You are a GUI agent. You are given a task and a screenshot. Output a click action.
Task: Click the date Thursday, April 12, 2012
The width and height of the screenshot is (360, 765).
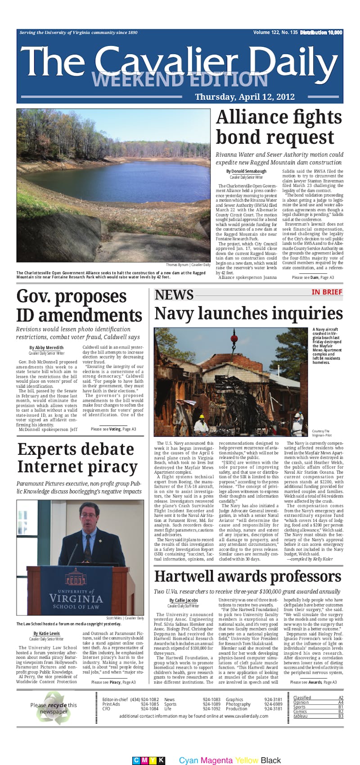pos(245,97)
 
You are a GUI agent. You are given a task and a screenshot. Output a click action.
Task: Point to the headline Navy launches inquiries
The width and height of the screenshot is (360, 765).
pos(248,313)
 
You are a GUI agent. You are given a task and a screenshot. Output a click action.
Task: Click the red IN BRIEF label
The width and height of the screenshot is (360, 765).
pos(327,292)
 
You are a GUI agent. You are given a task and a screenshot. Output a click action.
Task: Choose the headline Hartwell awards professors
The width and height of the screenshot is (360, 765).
pos(247,576)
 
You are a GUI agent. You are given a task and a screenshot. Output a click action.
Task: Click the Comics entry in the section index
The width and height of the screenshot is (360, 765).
pos(300,711)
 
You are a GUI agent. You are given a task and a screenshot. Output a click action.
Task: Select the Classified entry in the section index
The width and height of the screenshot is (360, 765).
pos(302,697)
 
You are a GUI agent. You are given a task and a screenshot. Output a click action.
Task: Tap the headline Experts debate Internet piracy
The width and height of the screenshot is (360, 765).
pos(76,457)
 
